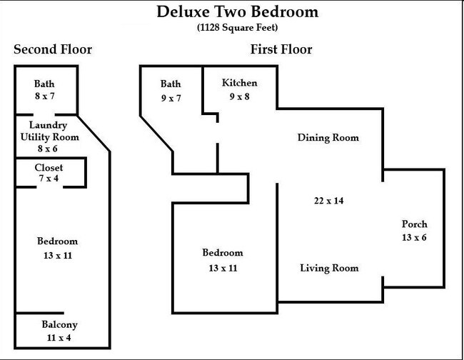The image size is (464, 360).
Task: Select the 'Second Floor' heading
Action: click(x=53, y=50)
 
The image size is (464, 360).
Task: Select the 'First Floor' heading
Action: click(x=281, y=50)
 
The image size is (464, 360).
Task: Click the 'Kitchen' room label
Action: click(x=239, y=84)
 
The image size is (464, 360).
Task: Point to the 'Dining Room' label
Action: click(x=328, y=138)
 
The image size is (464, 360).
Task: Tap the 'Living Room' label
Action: click(x=328, y=269)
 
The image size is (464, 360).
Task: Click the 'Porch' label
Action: click(x=414, y=224)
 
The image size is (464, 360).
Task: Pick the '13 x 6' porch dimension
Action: click(x=414, y=238)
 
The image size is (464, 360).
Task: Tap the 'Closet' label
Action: click(x=49, y=167)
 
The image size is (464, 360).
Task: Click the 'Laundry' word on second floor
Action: click(x=49, y=125)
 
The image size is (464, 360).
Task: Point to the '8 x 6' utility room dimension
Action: click(x=49, y=149)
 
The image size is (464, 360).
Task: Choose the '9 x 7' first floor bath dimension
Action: click(x=171, y=98)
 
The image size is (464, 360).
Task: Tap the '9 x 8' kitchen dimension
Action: click(x=239, y=96)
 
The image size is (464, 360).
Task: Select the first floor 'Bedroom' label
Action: click(x=222, y=253)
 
